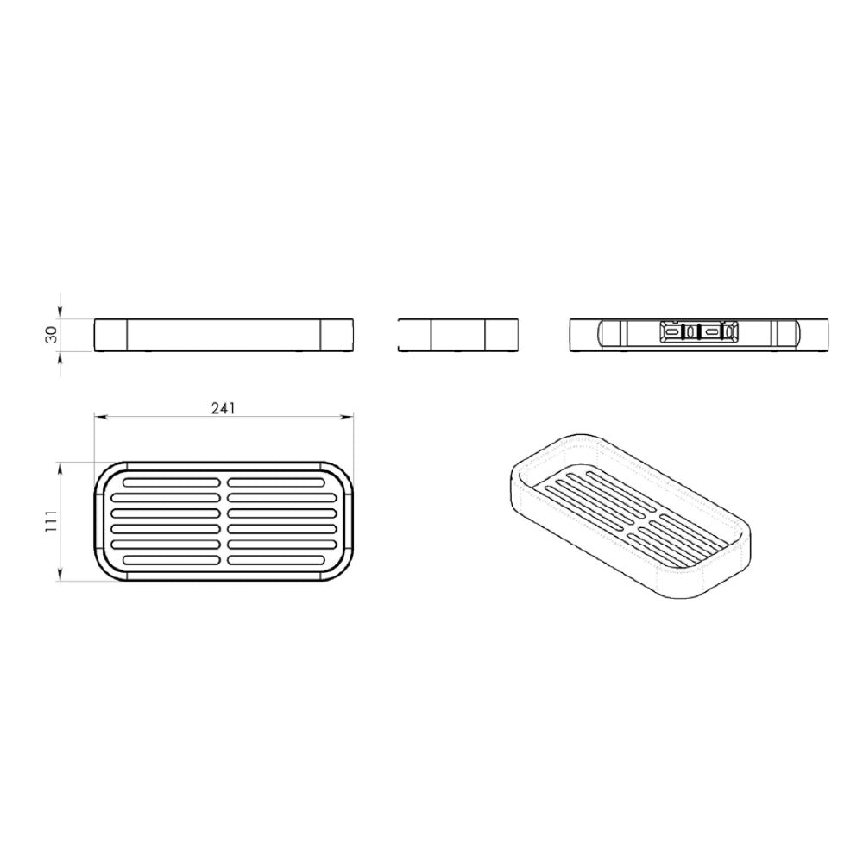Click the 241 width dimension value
click(224, 408)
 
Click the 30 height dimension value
click(51, 334)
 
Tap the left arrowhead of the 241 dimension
click(99, 416)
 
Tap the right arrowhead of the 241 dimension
click(348, 416)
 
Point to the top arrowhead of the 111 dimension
click(60, 467)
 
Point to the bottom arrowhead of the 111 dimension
click(60, 576)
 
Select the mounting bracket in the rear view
click(699, 332)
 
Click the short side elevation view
click(457, 335)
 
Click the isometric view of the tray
click(632, 516)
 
